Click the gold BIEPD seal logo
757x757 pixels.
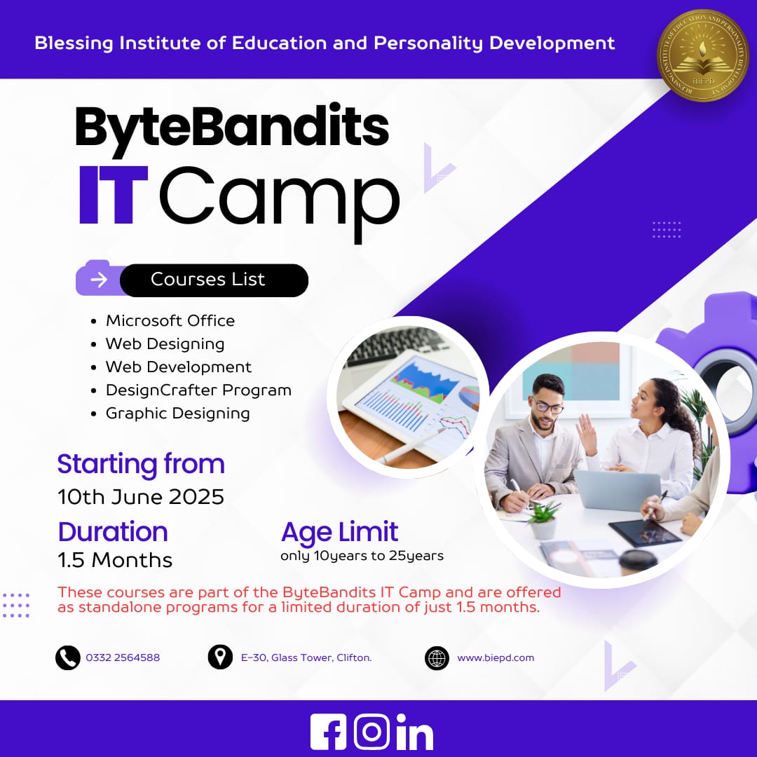coord(703,55)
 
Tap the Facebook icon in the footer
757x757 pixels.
coord(328,732)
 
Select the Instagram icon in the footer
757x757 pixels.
coord(371,732)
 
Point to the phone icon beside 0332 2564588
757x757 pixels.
coord(67,657)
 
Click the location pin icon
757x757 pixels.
coord(220,657)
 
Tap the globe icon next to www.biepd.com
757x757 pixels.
coord(437,657)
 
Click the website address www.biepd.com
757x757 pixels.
coord(496,657)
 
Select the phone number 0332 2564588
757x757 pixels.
coord(123,657)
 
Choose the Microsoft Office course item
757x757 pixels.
coord(170,320)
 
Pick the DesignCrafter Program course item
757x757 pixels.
coord(198,390)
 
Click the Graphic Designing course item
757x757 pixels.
coord(177,414)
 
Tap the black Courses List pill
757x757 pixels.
coord(214,280)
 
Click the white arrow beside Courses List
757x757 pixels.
coord(99,280)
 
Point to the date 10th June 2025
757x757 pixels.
coord(141,497)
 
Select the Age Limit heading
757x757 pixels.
coord(339,533)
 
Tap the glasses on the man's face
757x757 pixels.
coord(548,407)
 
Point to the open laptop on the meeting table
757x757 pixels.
coord(618,489)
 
